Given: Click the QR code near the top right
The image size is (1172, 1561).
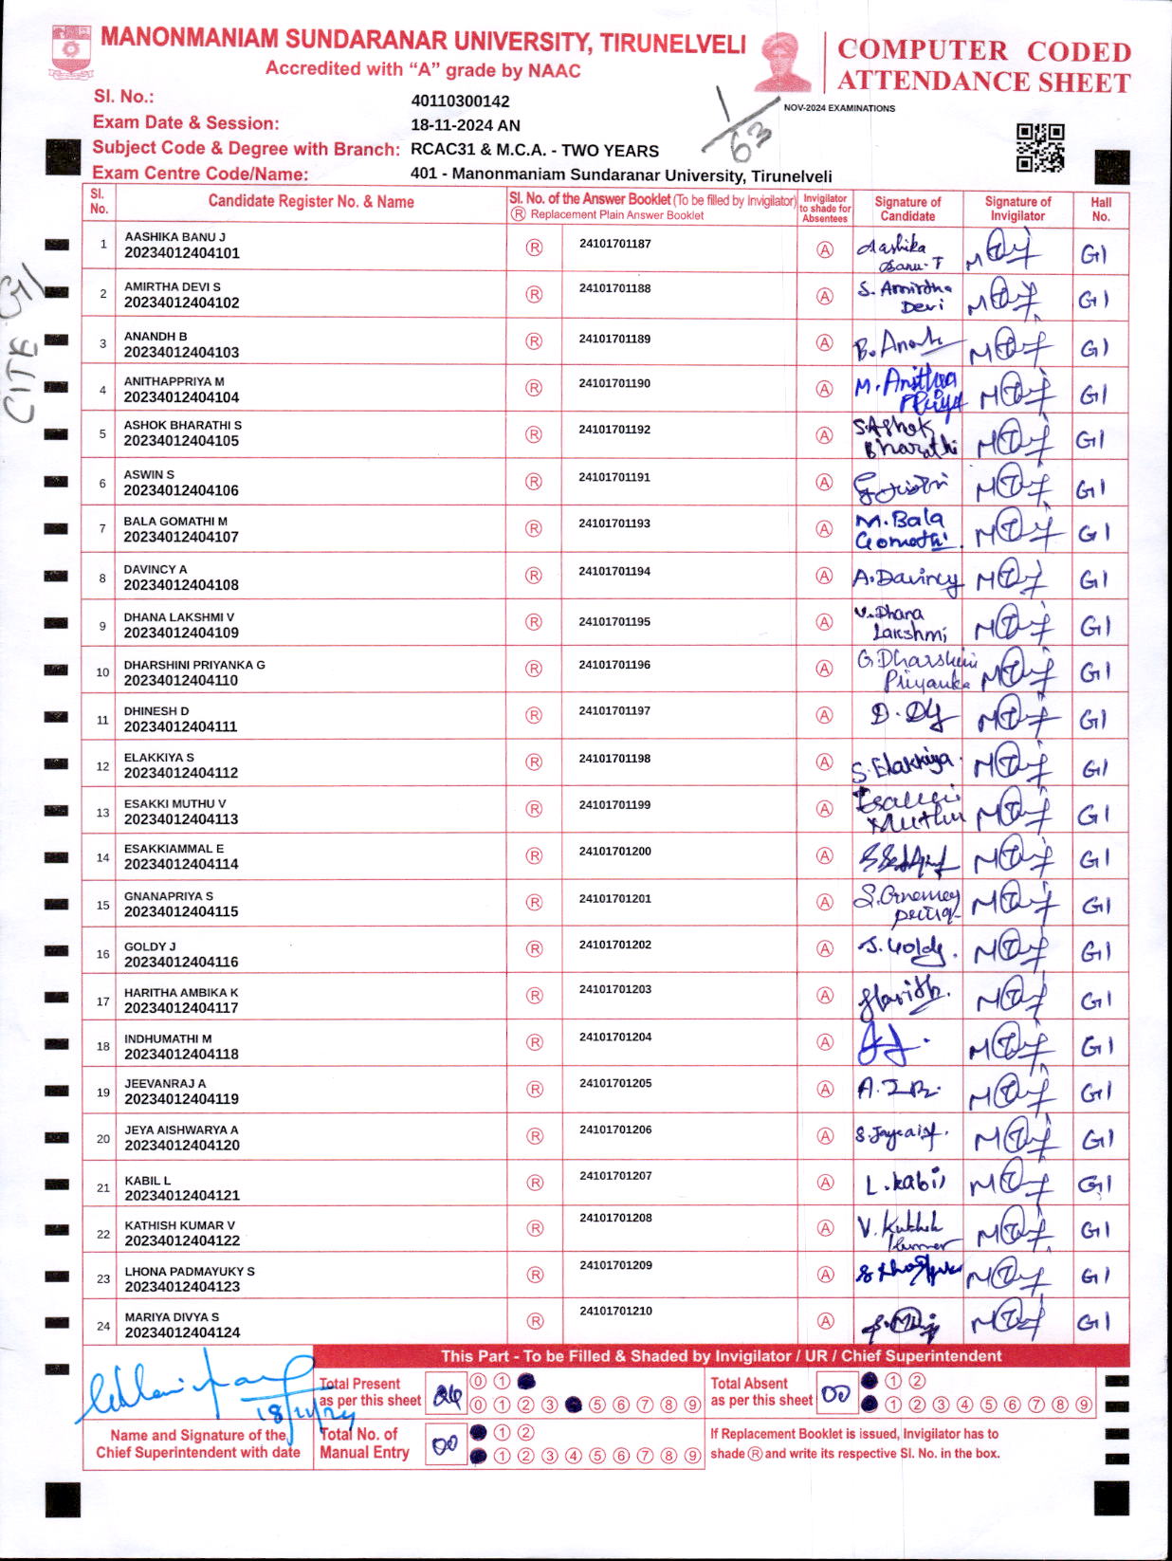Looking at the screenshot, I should pos(1039,148).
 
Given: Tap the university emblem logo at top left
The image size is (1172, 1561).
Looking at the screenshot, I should pos(71,51).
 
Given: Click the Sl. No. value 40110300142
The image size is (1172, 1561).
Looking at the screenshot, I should pos(460,101).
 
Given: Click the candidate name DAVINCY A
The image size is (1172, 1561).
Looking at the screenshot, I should pos(156,569).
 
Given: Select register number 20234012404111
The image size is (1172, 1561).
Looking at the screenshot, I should pos(181,726).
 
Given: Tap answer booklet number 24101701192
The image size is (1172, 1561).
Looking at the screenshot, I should pos(614,430).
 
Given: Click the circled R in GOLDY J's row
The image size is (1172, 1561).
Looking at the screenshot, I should pos(535,949).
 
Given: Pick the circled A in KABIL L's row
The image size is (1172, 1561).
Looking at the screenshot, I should pos(826,1183).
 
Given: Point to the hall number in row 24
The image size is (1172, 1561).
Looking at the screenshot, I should pos(1093,1322).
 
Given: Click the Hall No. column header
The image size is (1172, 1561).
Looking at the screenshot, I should pos(1100,209).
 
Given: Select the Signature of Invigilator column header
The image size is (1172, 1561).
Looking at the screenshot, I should pos(1017,209).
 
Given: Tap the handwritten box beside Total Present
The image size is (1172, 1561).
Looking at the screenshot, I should pos(448,1395).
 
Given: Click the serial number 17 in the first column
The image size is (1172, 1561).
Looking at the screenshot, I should pos(102,1001).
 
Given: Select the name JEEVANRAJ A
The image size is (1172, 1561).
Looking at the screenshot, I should pos(165,1083).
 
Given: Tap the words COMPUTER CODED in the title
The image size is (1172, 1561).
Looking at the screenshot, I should pos(984,50).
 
